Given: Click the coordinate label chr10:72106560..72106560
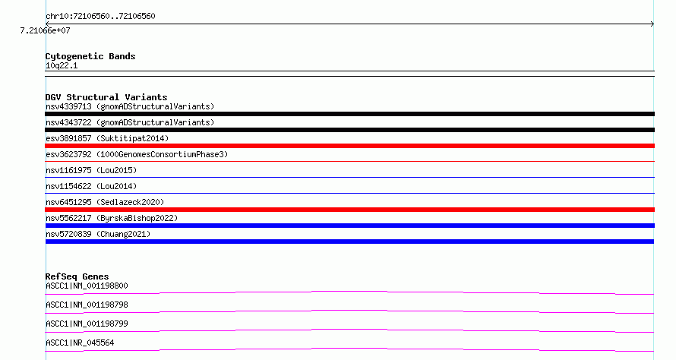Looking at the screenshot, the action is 100,17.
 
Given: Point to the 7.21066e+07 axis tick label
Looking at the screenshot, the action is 46,30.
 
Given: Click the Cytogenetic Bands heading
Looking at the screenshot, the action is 90,56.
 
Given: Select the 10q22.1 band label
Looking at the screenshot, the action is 62,65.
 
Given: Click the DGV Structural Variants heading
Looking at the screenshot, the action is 106,97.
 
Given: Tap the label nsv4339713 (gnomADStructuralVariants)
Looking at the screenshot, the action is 130,106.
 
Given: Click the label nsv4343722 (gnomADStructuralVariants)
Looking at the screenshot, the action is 130,122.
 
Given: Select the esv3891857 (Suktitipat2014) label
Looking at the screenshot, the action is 107,138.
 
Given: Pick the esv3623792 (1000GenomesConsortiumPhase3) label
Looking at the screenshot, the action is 137,154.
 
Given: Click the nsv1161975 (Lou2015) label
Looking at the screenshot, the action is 91,170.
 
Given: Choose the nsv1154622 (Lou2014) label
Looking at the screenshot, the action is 91,186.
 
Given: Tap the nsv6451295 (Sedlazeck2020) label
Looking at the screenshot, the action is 105,202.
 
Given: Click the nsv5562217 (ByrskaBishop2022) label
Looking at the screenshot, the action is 112,218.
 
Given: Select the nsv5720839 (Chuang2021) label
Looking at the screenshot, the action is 98,234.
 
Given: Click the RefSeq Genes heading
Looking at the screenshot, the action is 77,276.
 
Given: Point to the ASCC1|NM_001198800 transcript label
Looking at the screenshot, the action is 87,286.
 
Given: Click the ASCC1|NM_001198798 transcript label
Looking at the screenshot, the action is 87,305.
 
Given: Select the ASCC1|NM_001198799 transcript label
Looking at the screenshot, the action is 87,324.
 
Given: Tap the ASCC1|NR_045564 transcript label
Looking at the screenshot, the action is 80,343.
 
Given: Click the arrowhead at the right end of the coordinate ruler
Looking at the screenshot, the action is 653,24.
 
